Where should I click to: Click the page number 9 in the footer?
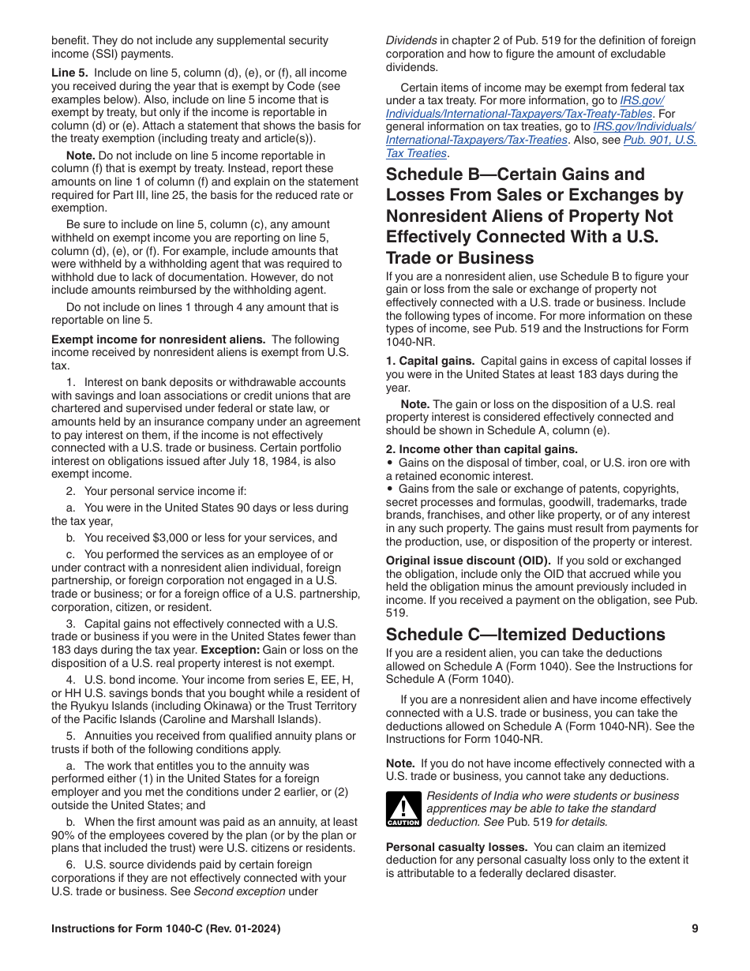[x=695, y=929]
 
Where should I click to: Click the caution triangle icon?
[x=403, y=809]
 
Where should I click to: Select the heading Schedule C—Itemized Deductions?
[x=525, y=635]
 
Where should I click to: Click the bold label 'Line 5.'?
[x=70, y=73]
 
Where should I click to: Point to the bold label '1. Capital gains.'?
[x=430, y=361]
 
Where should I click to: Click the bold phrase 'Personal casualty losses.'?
[x=456, y=847]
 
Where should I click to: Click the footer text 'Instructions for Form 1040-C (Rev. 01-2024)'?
[x=166, y=929]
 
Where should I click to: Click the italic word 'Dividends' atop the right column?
[x=411, y=40]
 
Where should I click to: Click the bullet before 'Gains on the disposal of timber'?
[x=390, y=463]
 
